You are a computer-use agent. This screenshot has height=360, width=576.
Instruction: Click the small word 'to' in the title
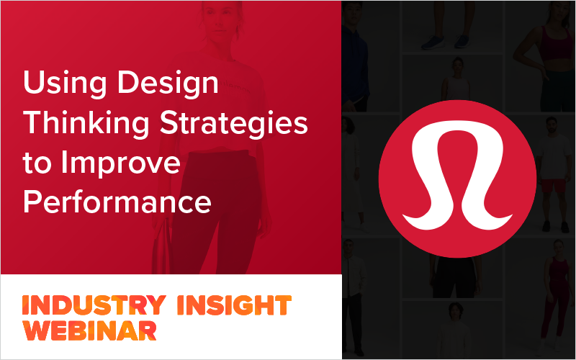37,163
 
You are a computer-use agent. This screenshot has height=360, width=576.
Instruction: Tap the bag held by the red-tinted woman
160,252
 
